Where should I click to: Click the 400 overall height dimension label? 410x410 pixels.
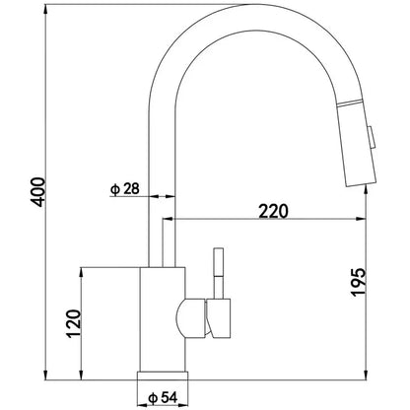(38, 192)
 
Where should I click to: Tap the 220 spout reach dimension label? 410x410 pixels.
(273, 211)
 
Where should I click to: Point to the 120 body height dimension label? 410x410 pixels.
(74, 323)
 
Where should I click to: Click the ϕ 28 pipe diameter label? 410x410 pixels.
(124, 189)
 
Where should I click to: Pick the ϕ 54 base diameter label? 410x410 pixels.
(163, 398)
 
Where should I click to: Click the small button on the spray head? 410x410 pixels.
(372, 139)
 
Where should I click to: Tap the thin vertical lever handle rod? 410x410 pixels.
(219, 273)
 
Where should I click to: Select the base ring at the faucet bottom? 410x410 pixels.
(163, 376)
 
